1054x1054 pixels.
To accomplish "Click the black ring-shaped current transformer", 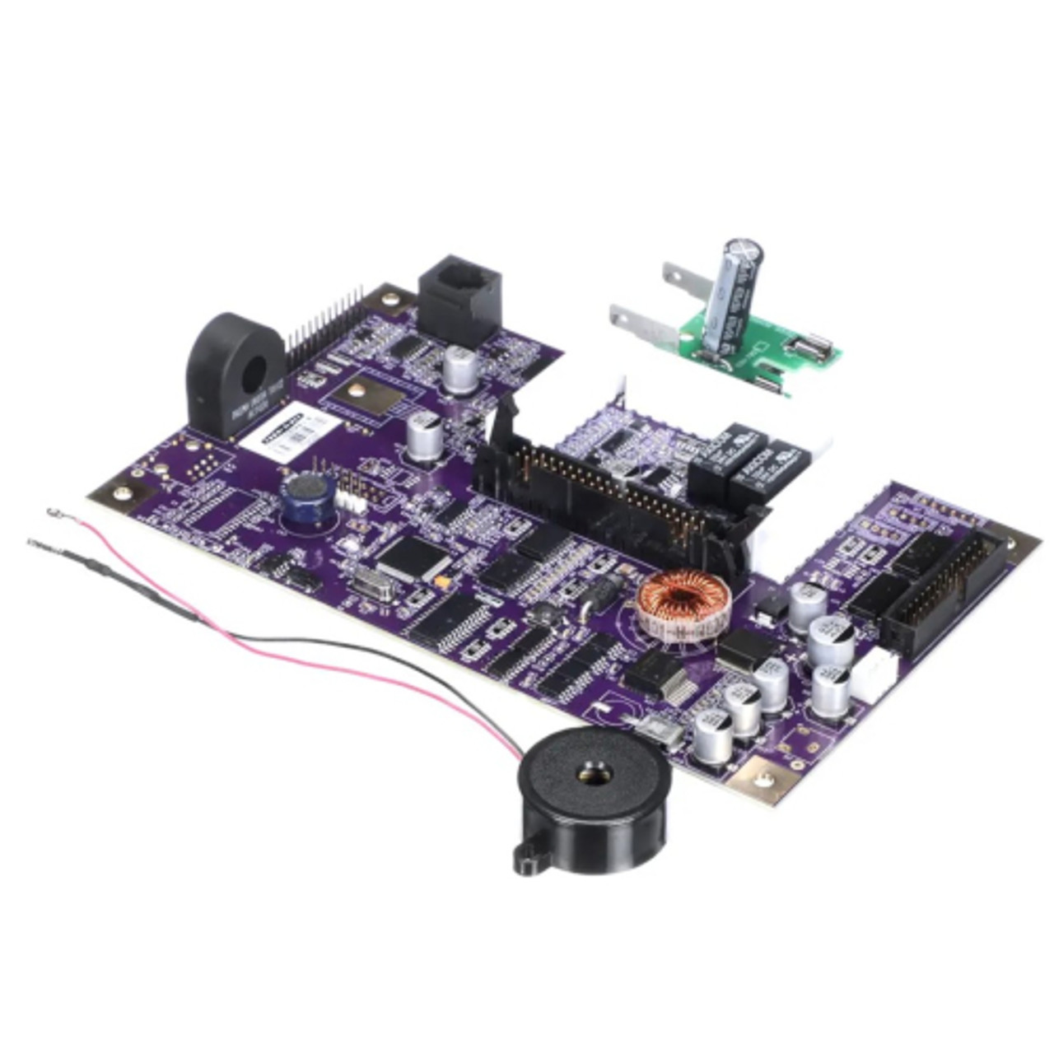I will pos(236,372).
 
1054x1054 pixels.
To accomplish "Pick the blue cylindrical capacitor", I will pos(306,501).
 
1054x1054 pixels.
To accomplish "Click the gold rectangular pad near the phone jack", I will pos(376,399).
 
